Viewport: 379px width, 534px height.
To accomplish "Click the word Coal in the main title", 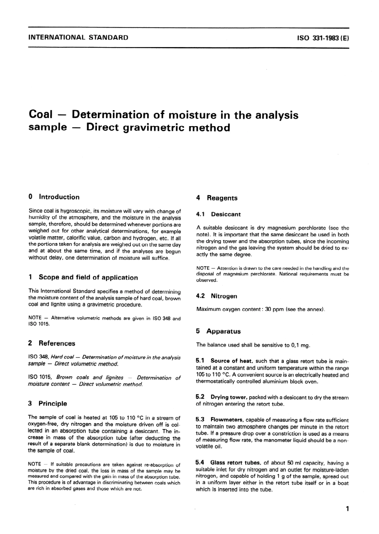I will coord(41,115).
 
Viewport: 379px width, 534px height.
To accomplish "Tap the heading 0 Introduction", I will coord(54,197).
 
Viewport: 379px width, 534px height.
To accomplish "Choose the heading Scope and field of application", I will coord(88,278).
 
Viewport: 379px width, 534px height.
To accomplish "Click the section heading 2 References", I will coord(52,344).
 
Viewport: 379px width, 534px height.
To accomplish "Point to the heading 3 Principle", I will coord(48,404).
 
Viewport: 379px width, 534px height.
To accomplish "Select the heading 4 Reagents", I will coord(217,198).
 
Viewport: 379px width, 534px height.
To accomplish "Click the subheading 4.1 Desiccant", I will coord(219,215).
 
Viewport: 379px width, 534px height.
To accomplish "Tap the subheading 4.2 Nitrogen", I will coord(217,297).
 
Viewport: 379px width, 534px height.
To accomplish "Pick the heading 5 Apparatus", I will coord(218,332).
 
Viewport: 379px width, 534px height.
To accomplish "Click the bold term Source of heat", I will coord(231,361).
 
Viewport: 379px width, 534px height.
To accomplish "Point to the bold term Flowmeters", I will coord(227,420).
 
